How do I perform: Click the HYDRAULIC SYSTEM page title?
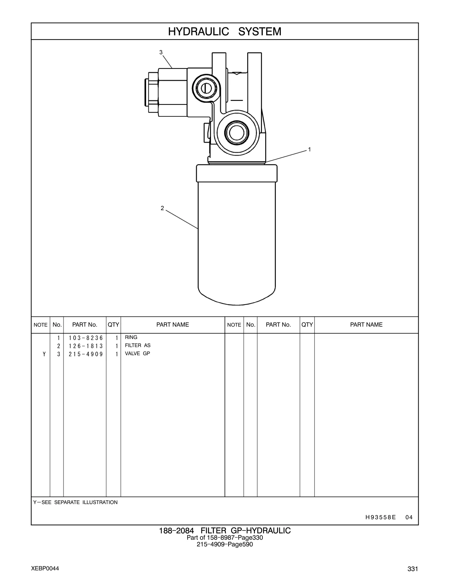(225, 32)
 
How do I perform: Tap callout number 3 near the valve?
(161, 52)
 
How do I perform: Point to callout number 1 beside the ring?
(310, 150)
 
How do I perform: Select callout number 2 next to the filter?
(162, 208)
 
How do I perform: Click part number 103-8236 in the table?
(86, 338)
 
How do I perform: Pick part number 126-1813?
(86, 346)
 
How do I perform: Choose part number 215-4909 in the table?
(86, 354)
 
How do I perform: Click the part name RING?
(131, 337)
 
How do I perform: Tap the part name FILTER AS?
(138, 345)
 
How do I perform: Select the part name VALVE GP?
(137, 353)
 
